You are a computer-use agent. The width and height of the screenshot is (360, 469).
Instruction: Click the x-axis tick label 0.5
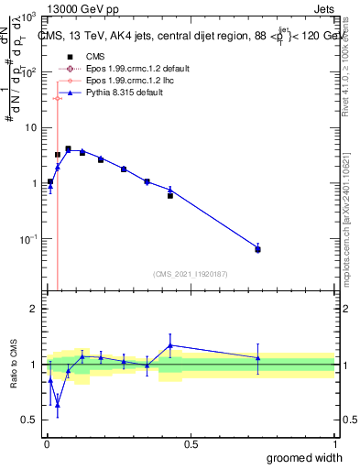(x=191, y=444)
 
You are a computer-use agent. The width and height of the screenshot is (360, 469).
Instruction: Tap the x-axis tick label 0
(x=47, y=444)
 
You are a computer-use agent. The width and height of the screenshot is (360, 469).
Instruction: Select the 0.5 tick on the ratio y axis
(x=33, y=420)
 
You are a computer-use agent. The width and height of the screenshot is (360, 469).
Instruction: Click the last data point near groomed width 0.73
(x=257, y=249)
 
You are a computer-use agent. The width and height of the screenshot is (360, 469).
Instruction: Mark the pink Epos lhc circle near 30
(x=57, y=98)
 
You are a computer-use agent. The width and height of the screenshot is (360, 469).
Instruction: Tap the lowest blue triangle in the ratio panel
(x=57, y=403)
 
